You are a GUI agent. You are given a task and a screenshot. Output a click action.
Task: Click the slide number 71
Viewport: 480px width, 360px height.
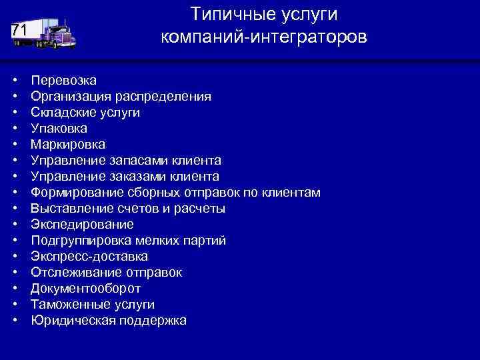[19, 31]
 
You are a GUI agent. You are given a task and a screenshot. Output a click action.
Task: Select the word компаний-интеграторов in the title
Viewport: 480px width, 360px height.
[263, 37]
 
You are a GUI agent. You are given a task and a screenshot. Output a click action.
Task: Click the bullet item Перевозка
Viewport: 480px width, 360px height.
[63, 81]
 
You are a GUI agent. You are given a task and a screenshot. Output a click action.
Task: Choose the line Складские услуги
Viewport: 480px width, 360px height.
[85, 113]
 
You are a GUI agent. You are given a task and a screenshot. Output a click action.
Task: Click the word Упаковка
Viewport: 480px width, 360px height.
[59, 129]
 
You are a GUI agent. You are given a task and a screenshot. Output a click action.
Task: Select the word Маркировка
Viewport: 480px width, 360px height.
[68, 145]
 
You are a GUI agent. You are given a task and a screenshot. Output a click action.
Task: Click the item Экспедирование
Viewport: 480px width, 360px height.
[82, 225]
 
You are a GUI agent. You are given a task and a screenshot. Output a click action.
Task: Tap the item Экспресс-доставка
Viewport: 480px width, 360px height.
[89, 257]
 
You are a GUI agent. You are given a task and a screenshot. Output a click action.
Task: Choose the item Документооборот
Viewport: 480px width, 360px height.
[85, 289]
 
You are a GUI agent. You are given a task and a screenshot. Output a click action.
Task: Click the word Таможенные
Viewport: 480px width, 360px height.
[69, 305]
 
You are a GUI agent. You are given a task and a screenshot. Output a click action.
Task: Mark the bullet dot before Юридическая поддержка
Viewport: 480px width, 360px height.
[14, 321]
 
